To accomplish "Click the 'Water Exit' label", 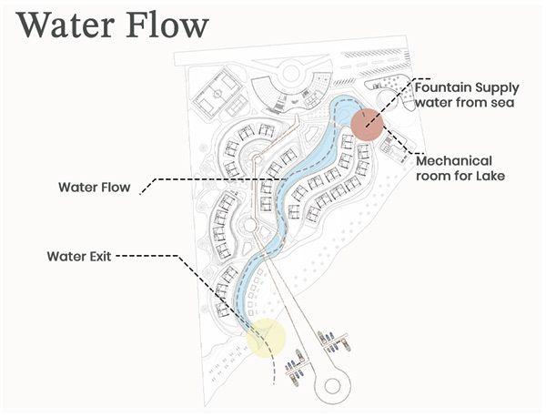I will click(x=79, y=256).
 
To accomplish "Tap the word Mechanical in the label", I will click(x=453, y=160).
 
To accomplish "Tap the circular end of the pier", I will click(x=334, y=385).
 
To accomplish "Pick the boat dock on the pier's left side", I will click(x=294, y=369).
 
